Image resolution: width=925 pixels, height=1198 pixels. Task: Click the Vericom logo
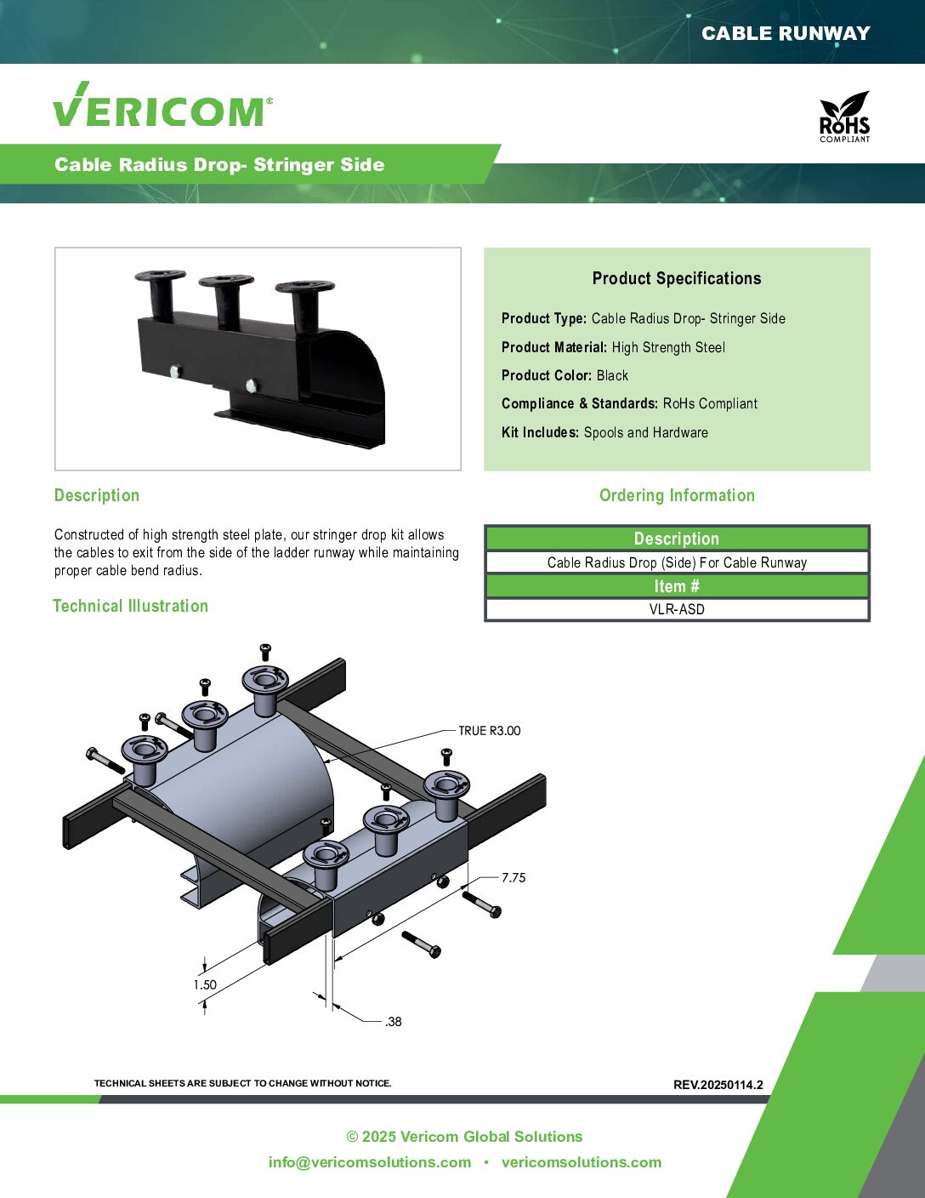click(x=162, y=105)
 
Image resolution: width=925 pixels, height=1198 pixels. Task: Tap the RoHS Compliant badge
click(x=844, y=117)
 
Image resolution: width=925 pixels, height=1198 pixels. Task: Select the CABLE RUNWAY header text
click(x=786, y=34)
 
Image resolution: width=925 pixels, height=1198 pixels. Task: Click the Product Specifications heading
click(x=677, y=278)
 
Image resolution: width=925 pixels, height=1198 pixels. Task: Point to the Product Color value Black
click(x=612, y=375)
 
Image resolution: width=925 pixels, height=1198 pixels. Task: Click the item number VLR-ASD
click(x=677, y=609)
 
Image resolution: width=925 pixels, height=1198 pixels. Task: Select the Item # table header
click(x=677, y=585)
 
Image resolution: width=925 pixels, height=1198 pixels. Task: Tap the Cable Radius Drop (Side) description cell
click(x=677, y=562)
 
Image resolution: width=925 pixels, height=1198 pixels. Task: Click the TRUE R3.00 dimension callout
click(x=489, y=731)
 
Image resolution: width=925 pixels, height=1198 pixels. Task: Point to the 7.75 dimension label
click(x=514, y=877)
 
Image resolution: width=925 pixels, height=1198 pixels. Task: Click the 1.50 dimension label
click(x=205, y=984)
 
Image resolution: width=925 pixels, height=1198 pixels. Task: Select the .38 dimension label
click(x=394, y=1022)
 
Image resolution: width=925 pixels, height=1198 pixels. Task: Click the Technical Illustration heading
click(x=131, y=606)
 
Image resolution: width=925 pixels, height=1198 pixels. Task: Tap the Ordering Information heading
click(x=677, y=495)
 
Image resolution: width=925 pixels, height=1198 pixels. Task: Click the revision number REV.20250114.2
click(x=718, y=1085)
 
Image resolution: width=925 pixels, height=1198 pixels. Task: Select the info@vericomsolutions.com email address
click(x=370, y=1162)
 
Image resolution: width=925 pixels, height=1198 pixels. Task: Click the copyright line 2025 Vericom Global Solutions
click(x=464, y=1136)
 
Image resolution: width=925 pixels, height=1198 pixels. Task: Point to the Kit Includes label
click(x=540, y=432)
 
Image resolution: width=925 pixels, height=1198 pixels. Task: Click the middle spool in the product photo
click(x=226, y=299)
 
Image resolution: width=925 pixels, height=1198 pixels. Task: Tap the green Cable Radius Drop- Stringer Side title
click(x=219, y=164)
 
